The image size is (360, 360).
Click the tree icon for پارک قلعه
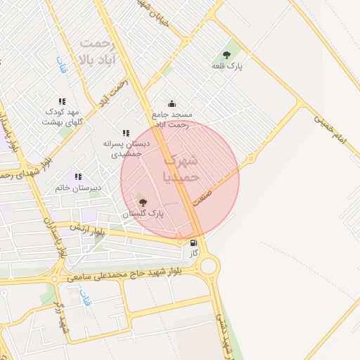coord(226,54)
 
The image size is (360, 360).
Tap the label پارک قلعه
coord(226,65)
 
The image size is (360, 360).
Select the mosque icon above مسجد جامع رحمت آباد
coord(172,103)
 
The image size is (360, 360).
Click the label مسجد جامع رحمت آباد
coord(172,119)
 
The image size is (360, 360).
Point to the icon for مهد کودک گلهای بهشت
coord(62,101)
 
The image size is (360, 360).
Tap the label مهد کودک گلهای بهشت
coord(63,117)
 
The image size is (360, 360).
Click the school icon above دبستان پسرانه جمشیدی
coord(126,132)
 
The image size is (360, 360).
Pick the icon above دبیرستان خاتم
coord(78,176)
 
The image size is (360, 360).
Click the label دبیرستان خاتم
coord(78,188)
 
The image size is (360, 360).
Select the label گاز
coord(194,252)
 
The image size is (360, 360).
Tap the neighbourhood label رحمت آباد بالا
coord(103,50)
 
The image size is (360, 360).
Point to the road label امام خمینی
coord(330,130)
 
